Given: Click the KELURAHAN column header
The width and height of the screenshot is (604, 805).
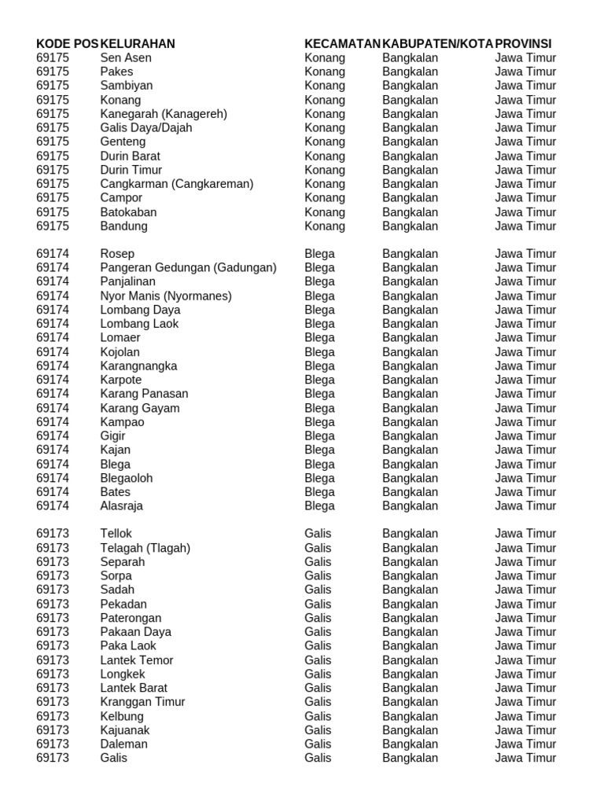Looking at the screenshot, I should click(x=138, y=43).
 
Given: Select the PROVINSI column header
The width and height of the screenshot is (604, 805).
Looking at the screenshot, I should click(x=523, y=43).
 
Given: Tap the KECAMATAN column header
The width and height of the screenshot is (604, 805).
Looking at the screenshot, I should click(x=342, y=43).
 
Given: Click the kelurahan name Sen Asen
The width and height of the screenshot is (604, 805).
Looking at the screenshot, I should click(x=126, y=57).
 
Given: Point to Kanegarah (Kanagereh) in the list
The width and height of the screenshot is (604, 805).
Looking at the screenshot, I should click(x=164, y=114).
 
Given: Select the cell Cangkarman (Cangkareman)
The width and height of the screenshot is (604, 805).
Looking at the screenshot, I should click(x=177, y=184).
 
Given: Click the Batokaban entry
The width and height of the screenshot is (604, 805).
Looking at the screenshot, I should click(x=128, y=212).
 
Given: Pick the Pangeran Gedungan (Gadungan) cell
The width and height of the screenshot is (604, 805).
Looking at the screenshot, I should click(x=189, y=268).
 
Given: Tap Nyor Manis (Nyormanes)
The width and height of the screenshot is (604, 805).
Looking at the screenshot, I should click(x=166, y=296).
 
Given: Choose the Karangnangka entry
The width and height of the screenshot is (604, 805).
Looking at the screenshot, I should click(x=138, y=366).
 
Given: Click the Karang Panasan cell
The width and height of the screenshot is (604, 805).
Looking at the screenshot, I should click(x=144, y=394).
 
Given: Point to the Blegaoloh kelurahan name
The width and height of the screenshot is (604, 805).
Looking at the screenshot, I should click(x=127, y=478).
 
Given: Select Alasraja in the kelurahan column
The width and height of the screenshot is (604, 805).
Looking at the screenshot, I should click(x=122, y=506).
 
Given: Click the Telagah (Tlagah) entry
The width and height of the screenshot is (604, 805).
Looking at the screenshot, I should click(x=145, y=548).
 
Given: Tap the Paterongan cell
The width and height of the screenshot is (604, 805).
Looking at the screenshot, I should click(x=131, y=618).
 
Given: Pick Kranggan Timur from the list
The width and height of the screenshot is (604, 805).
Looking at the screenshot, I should click(x=142, y=702).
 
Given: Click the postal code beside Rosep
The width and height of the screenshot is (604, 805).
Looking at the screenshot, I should click(x=53, y=254).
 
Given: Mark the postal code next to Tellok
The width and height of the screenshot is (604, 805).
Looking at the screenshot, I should click(x=53, y=534).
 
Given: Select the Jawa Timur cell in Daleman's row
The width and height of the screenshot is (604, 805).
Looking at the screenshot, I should click(x=525, y=744).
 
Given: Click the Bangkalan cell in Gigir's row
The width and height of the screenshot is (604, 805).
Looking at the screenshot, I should click(x=410, y=436).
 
